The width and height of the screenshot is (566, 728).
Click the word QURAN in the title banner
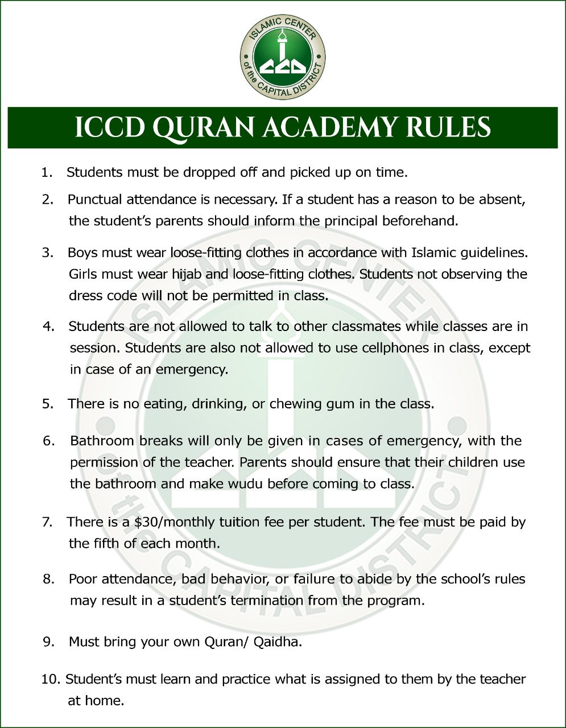coord(201,128)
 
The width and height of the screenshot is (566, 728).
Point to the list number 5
coord(47,404)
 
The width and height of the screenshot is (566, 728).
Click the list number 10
coord(49,679)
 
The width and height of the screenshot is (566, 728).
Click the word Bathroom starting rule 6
coord(102,441)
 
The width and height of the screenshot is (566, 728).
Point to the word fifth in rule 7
coord(105,544)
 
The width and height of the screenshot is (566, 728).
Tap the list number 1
coord(46,172)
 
